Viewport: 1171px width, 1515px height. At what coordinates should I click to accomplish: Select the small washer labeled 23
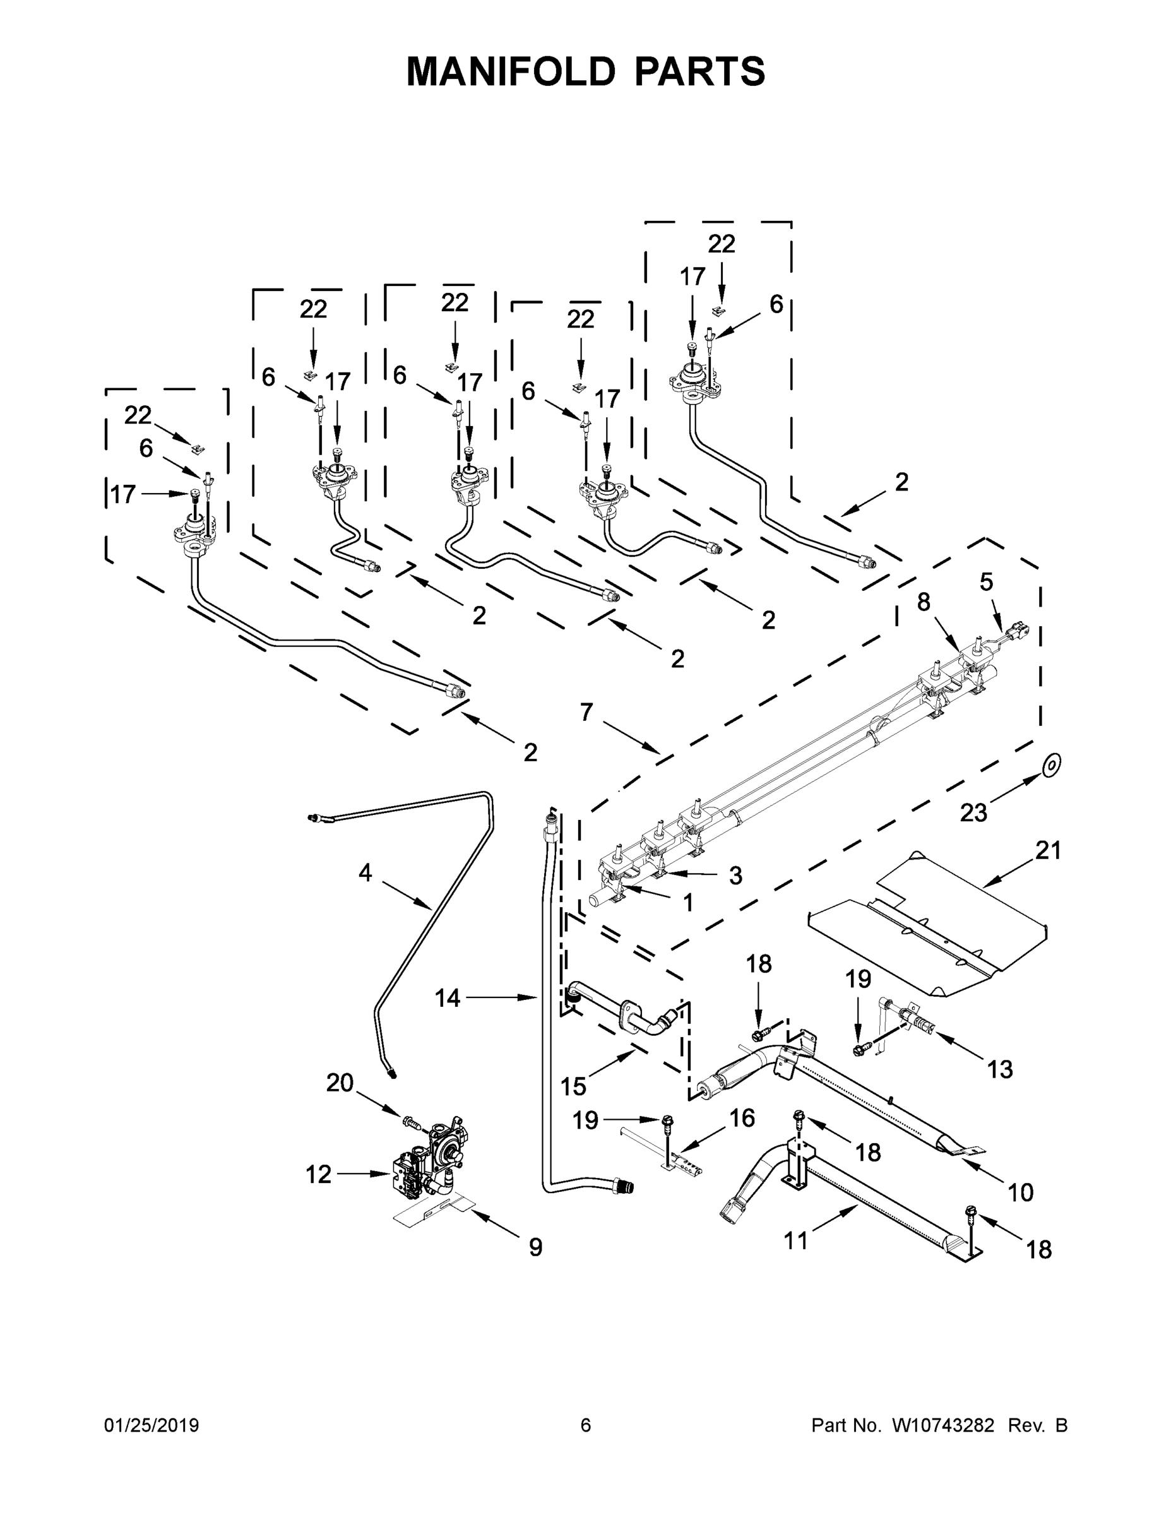click(x=1052, y=765)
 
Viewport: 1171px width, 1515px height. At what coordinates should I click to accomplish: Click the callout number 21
click(x=1047, y=850)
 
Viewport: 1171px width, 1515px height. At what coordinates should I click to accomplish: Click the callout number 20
click(x=340, y=1083)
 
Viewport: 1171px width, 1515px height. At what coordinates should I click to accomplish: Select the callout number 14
click(x=448, y=998)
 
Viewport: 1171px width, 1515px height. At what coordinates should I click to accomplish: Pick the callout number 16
click(x=742, y=1117)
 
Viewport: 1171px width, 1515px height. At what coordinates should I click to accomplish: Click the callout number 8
click(x=924, y=602)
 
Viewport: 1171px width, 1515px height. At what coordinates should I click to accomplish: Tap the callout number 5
click(x=986, y=581)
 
